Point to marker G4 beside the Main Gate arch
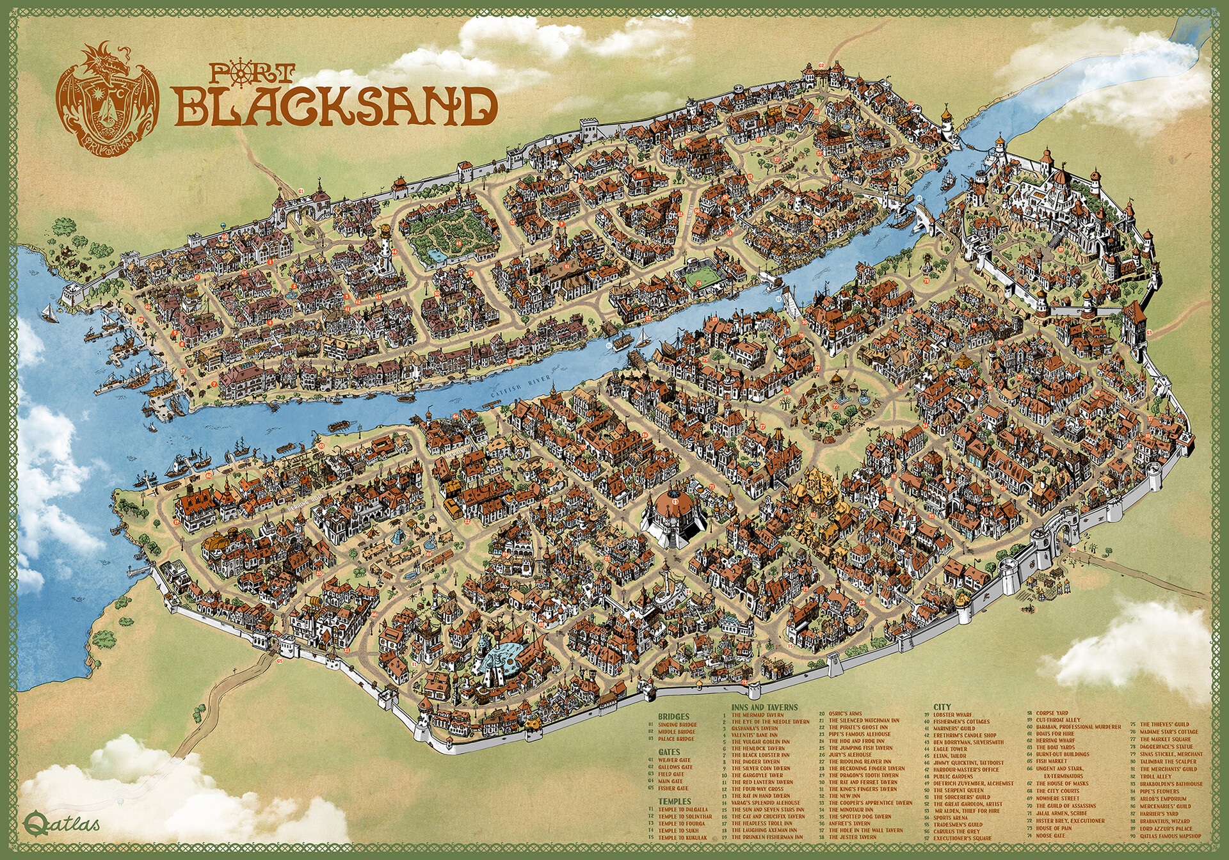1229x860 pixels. [x=1073, y=549]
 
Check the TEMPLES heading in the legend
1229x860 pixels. [x=672, y=801]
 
